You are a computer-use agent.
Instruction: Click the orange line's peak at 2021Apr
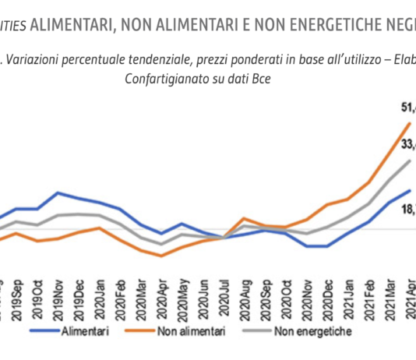pyautogui.click(x=410, y=123)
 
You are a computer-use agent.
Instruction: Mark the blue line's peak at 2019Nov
pyautogui.click(x=58, y=192)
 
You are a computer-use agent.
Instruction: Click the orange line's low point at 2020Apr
pyautogui.click(x=161, y=256)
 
